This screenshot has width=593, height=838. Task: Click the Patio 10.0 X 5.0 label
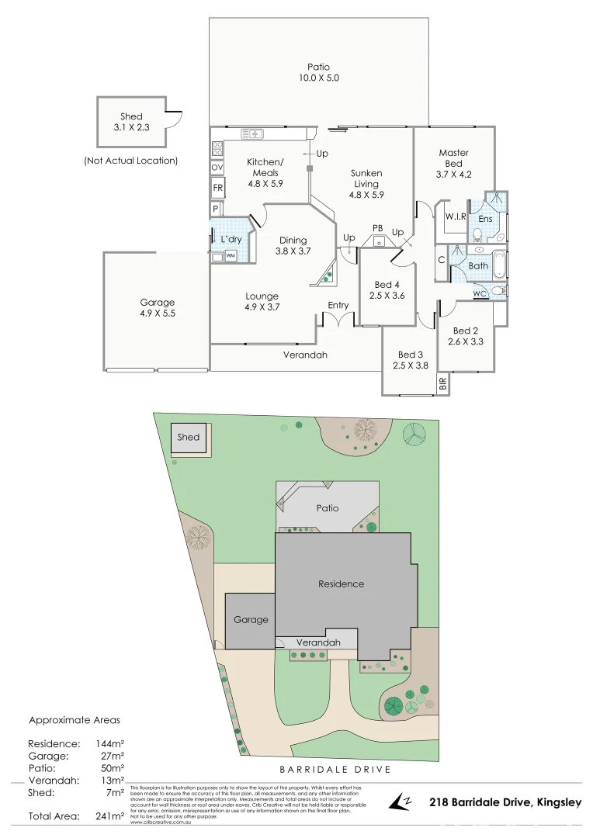318,73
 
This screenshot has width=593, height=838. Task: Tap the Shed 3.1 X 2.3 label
131,122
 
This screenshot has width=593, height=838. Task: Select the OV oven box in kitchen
217,168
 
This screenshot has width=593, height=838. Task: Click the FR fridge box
217,189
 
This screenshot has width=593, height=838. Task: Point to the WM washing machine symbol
231,255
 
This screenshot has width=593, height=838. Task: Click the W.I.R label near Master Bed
455,216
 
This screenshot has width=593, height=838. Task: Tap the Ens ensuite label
485,220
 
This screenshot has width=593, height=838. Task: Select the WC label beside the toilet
480,293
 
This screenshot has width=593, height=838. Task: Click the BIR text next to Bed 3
442,383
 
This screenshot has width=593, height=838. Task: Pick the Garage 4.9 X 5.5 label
157,308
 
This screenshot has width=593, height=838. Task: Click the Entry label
338,305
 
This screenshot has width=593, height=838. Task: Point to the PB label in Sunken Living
378,227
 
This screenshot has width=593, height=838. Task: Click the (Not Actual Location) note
130,161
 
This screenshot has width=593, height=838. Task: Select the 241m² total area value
109,816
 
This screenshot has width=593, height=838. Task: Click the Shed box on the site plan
189,438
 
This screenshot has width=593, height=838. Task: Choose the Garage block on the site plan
250,620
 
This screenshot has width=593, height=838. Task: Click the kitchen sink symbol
252,133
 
